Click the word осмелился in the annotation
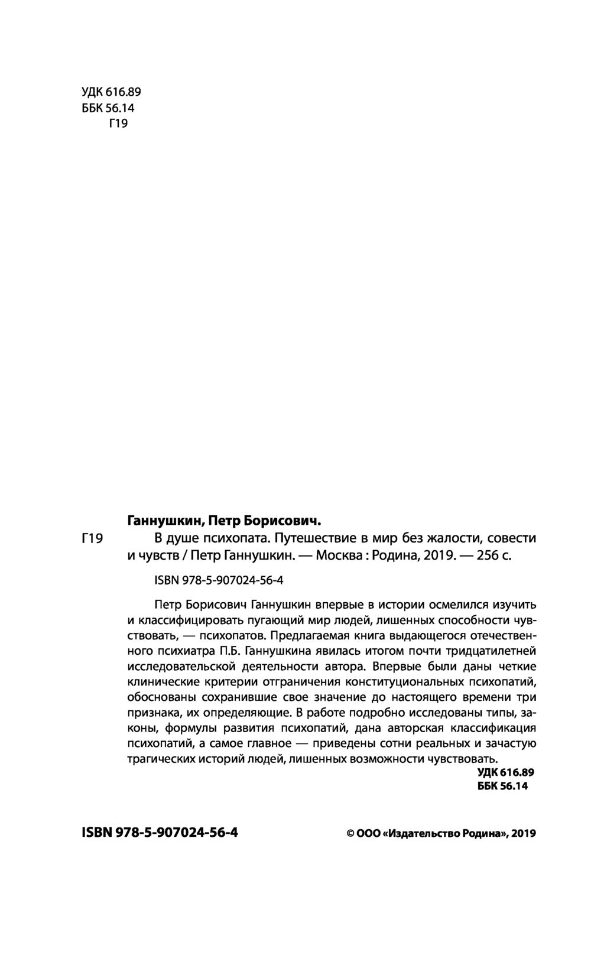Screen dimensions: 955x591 tap(431, 605)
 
